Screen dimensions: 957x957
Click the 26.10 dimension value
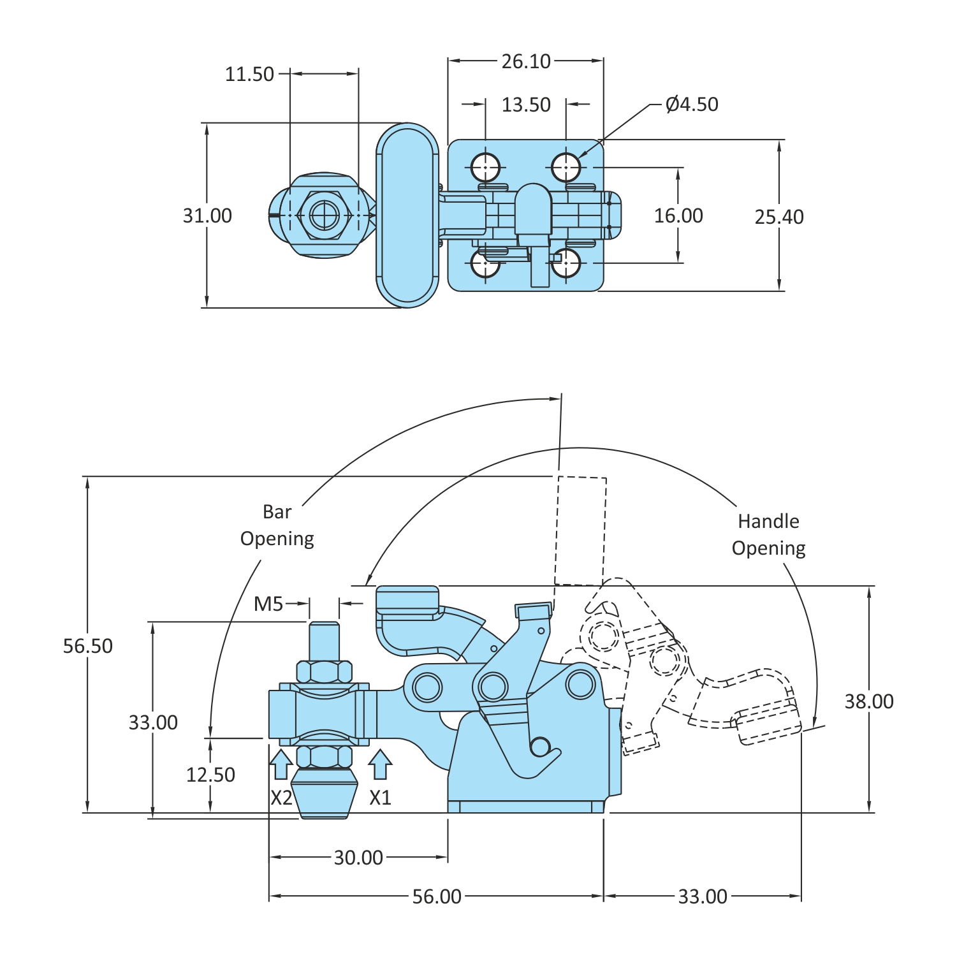[x=525, y=61]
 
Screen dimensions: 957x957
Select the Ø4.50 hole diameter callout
[x=691, y=104]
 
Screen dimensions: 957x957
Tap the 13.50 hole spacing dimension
[x=525, y=105]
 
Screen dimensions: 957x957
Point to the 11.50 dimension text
[x=249, y=74]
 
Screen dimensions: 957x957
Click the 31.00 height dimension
[x=207, y=216]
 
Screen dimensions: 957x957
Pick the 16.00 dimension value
[x=678, y=216]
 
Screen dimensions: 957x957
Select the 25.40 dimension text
[x=779, y=217]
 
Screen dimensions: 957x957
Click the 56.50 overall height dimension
[x=87, y=646]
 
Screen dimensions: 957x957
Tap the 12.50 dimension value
[x=210, y=775]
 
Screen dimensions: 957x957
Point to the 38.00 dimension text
[x=869, y=701]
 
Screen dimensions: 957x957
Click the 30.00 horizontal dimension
[x=358, y=858]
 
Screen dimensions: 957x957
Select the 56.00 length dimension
[x=437, y=896]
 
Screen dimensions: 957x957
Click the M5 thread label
[x=268, y=604]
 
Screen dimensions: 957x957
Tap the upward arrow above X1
[x=380, y=764]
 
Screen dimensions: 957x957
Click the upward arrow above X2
[x=281, y=764]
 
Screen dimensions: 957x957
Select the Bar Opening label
[x=277, y=525]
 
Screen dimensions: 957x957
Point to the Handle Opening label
[x=768, y=534]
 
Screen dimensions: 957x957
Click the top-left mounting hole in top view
[x=485, y=168]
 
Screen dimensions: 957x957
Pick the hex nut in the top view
[x=324, y=216]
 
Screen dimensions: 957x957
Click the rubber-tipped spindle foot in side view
[x=324, y=794]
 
